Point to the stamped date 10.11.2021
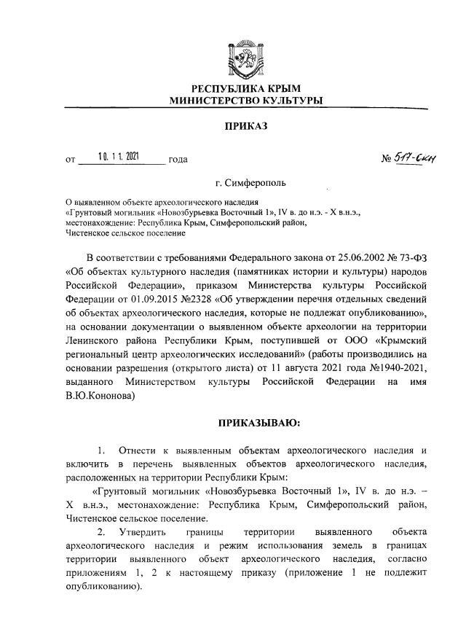point(121,156)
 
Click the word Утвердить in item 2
point(144,532)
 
